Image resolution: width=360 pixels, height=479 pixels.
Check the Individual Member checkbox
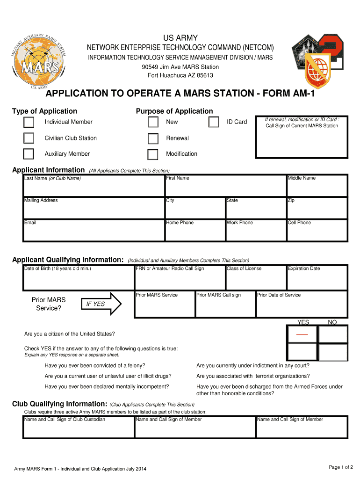click(x=29, y=123)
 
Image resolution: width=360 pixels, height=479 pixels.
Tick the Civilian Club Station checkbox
click(x=29, y=138)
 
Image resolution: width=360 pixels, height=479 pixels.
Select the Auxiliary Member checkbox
click(x=29, y=154)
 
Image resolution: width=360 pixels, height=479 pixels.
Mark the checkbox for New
click(x=153, y=123)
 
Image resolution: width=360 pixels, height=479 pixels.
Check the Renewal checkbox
click(x=153, y=138)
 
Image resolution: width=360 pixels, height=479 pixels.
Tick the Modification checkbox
click(x=153, y=154)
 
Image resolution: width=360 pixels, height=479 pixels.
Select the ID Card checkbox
click(x=214, y=123)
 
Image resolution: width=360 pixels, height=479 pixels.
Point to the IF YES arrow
click(x=101, y=305)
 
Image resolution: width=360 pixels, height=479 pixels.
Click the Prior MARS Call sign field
click(x=225, y=305)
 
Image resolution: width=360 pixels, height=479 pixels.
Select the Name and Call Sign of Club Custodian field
click(x=79, y=428)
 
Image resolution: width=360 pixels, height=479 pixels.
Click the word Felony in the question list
click(x=136, y=365)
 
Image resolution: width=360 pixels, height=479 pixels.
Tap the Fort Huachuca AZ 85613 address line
click(x=180, y=75)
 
